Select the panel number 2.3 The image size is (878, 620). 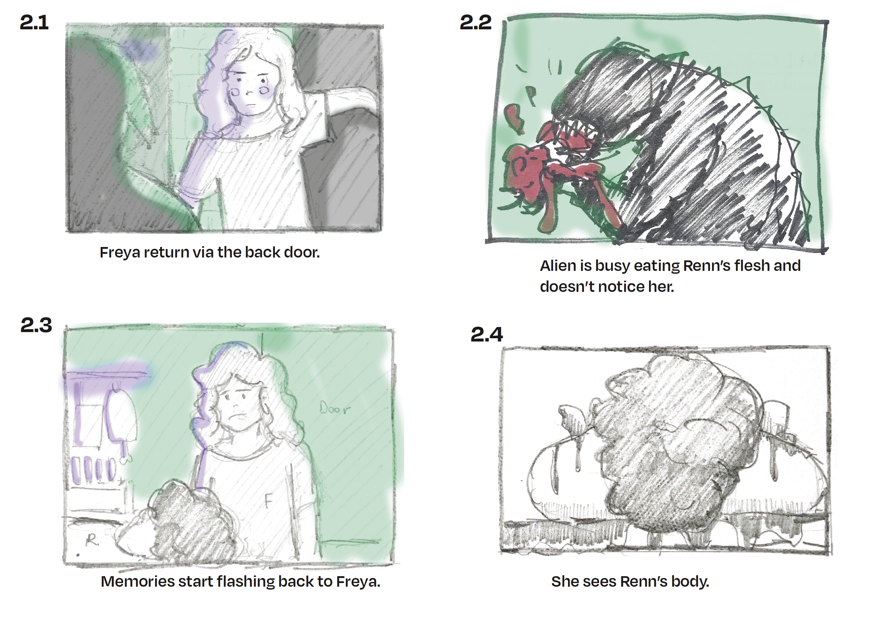[x=36, y=325]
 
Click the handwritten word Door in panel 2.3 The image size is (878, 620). [x=335, y=409]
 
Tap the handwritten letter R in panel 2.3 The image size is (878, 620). [x=91, y=540]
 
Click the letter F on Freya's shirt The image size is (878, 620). [x=268, y=501]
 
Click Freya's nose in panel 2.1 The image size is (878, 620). [x=249, y=93]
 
